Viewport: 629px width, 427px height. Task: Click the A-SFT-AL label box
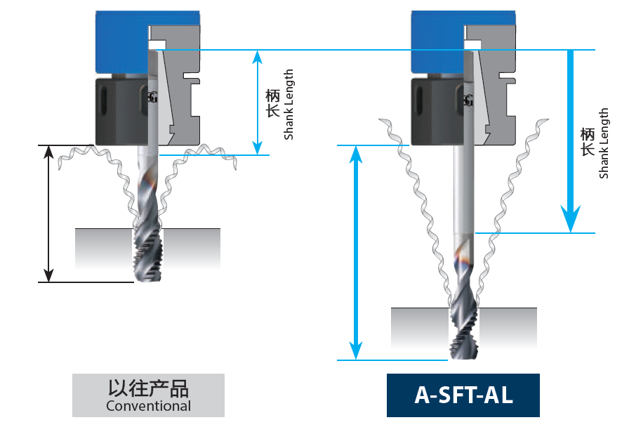(463, 395)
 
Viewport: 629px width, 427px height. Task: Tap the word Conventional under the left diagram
(148, 406)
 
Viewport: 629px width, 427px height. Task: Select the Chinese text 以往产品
(148, 388)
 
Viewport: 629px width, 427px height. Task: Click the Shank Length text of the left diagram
(289, 105)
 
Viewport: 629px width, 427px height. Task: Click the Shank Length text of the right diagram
(603, 143)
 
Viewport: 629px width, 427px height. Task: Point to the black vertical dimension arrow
(48, 213)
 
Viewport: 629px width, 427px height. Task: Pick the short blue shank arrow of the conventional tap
(258, 103)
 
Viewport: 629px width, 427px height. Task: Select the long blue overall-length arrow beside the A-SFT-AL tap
(356, 252)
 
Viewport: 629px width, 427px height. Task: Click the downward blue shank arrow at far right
(571, 141)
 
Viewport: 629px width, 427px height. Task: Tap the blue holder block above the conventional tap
(122, 42)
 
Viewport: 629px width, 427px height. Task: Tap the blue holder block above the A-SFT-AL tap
(438, 42)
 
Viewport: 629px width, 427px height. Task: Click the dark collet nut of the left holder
(121, 112)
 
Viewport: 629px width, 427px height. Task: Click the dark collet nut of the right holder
(437, 112)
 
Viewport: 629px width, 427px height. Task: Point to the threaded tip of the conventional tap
(148, 255)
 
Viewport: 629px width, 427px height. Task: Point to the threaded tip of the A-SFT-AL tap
(465, 334)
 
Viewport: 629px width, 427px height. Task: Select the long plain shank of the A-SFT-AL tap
(464, 190)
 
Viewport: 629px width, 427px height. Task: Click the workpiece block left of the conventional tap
(103, 248)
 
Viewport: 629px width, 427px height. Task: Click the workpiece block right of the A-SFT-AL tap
(508, 327)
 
